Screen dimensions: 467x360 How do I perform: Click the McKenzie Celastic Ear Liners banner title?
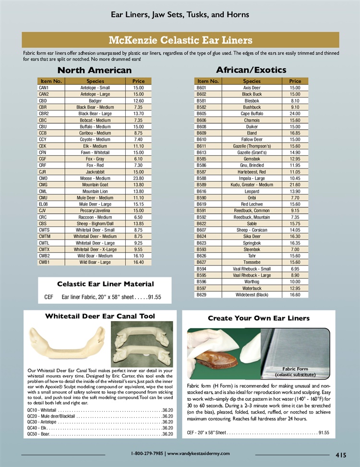pos(180,39)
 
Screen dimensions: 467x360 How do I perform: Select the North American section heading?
pos(94,70)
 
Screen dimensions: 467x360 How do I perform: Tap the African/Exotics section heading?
pos(251,70)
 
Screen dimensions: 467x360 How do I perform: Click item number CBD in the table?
pos(43,101)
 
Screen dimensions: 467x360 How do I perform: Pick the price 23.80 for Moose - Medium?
pos(138,178)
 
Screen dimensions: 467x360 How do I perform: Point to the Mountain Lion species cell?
pos(95,191)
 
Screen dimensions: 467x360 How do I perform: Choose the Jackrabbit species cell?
pos(95,172)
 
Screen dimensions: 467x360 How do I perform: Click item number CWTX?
pos(44,250)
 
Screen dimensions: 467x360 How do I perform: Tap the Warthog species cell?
pos(252,282)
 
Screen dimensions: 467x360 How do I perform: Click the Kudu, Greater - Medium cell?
pos(252,185)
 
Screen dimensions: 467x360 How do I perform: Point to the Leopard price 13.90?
pos(295,191)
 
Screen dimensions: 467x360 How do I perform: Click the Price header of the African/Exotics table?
pos(295,81)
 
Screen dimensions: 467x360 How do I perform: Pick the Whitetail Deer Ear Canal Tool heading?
pos(100,316)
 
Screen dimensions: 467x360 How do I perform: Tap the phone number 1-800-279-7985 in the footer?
pos(147,454)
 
